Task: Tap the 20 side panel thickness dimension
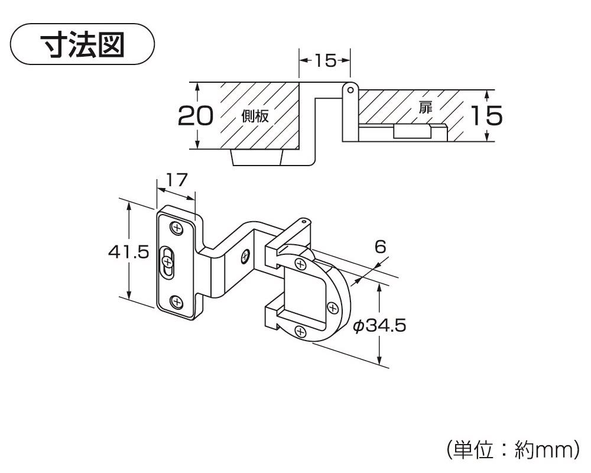[195, 116]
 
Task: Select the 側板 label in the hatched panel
[255, 116]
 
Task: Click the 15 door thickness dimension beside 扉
[486, 116]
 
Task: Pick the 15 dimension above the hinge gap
[324, 60]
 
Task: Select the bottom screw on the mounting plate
[177, 303]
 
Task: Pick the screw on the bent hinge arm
[244, 256]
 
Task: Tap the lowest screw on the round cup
[302, 333]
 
